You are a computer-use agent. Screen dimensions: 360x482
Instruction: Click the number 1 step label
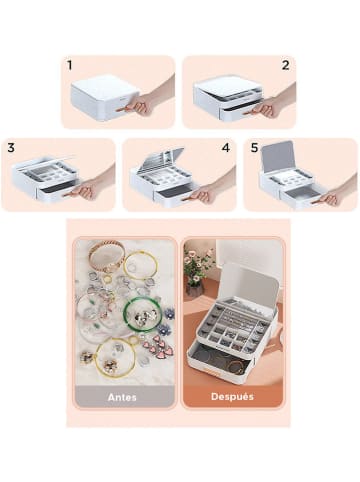[x=69, y=65]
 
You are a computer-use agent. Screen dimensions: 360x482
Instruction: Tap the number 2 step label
[x=285, y=65]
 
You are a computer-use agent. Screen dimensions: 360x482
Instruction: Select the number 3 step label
[x=11, y=148]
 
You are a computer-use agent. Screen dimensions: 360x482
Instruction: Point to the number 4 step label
[x=226, y=148]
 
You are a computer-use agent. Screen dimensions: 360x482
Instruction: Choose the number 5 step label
[x=255, y=148]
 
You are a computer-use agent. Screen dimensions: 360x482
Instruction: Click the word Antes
[x=122, y=397]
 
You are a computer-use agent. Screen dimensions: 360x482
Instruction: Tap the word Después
[x=232, y=396]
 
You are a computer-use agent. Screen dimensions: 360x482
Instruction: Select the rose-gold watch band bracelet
[x=106, y=255]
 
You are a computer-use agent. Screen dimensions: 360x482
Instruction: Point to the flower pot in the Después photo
[x=194, y=289]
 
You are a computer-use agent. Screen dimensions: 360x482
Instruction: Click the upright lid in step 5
[x=278, y=157]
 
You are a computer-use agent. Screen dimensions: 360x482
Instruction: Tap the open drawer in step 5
[x=300, y=195]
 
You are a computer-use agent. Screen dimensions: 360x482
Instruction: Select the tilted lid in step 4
[x=159, y=160]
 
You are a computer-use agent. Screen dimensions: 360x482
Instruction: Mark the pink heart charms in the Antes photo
[x=154, y=344]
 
